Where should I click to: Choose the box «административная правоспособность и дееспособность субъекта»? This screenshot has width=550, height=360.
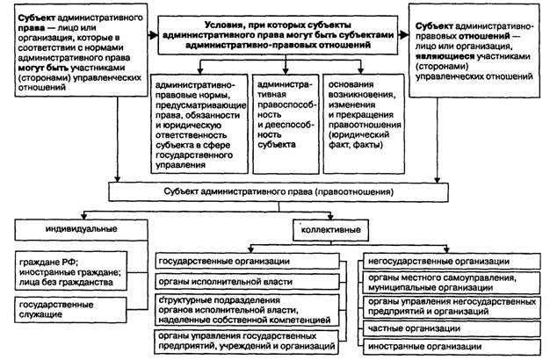coord(283,112)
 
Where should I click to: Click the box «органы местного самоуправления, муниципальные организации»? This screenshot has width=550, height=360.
coord(451,283)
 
